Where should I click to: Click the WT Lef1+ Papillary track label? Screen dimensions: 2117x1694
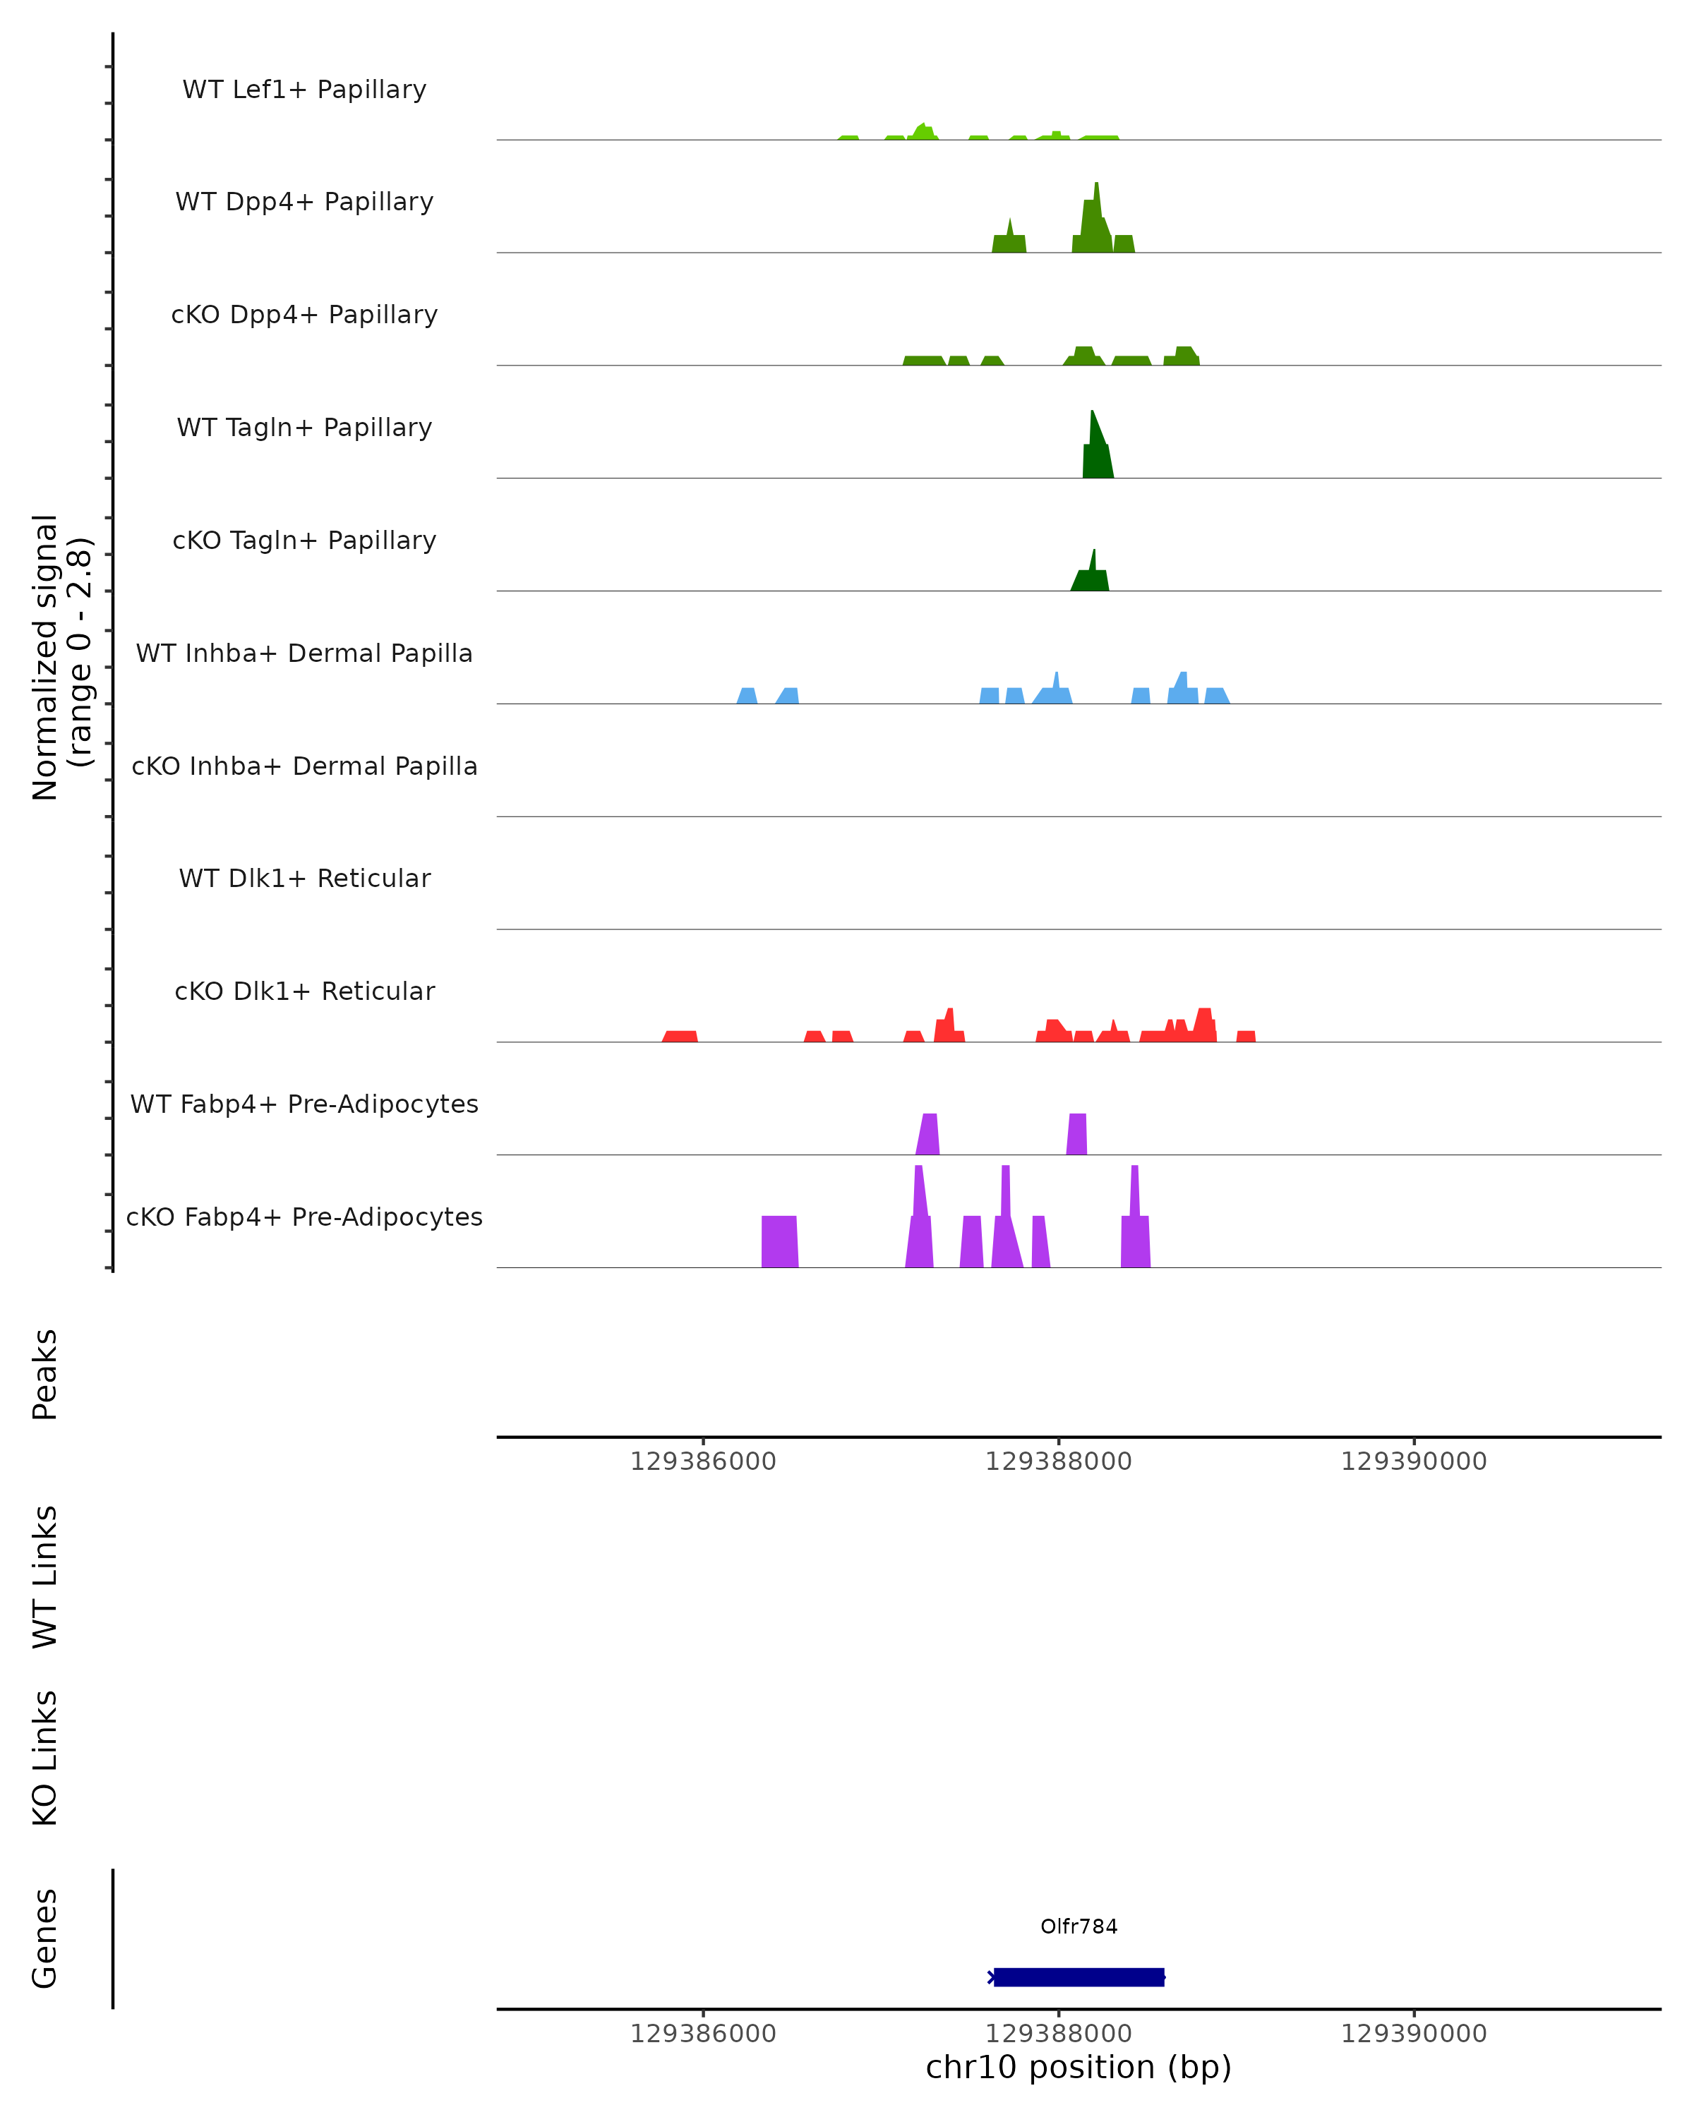click(304, 90)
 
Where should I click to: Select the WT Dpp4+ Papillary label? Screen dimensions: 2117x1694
click(304, 203)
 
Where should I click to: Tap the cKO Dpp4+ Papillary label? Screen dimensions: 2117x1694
click(304, 315)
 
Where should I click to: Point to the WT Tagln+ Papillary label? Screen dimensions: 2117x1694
click(304, 428)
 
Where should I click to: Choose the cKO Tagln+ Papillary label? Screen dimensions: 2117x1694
click(304, 541)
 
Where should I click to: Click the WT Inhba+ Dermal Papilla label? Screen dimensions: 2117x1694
click(304, 654)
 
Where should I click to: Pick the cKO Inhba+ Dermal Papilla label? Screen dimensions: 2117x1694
click(304, 767)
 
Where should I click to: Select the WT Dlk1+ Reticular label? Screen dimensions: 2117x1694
click(304, 879)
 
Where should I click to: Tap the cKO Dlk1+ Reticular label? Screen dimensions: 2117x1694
click(304, 991)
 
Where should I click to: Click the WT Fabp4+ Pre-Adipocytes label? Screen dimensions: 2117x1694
click(304, 1104)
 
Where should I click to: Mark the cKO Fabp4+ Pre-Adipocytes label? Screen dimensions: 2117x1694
click(304, 1217)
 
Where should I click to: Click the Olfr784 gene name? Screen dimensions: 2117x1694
click(1079, 1926)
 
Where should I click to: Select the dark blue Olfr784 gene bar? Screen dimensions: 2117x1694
click(1079, 1977)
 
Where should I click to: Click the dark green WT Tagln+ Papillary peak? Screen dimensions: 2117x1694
click(1097, 452)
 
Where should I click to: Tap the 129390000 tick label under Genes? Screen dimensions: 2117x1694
click(1413, 2034)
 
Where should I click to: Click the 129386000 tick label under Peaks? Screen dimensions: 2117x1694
click(703, 1461)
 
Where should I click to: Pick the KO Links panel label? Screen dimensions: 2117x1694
click(45, 1758)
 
